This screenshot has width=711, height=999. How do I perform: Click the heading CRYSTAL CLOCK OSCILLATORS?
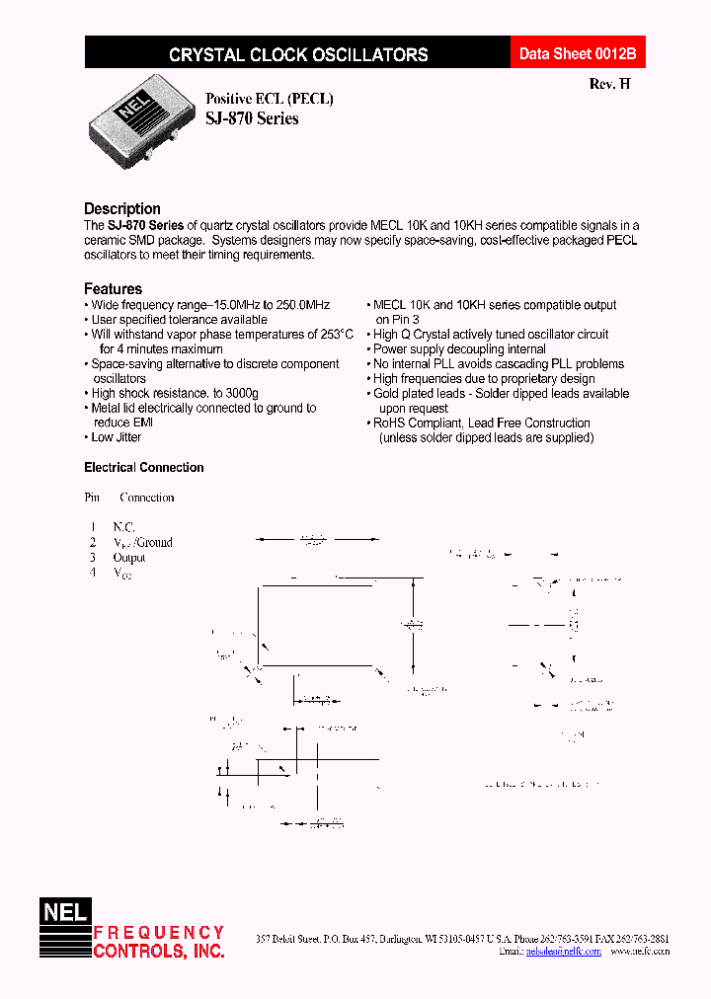298,55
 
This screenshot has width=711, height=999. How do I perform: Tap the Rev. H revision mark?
609,84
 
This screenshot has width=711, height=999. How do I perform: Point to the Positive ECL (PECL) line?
269,99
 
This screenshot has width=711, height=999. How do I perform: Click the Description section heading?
122,209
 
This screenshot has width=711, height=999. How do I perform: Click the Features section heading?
113,289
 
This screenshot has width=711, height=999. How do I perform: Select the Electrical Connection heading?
144,468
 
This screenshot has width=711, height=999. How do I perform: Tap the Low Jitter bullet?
116,437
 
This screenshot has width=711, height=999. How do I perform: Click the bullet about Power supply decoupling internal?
459,349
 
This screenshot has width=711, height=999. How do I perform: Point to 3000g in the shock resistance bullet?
238,394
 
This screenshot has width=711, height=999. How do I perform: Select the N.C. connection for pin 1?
123,527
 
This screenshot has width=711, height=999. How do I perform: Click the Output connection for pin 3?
129,558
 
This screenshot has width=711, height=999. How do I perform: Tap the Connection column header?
146,498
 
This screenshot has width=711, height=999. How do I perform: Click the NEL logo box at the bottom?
64,914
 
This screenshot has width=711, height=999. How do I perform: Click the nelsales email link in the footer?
564,952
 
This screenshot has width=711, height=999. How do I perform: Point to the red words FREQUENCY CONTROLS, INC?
158,942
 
